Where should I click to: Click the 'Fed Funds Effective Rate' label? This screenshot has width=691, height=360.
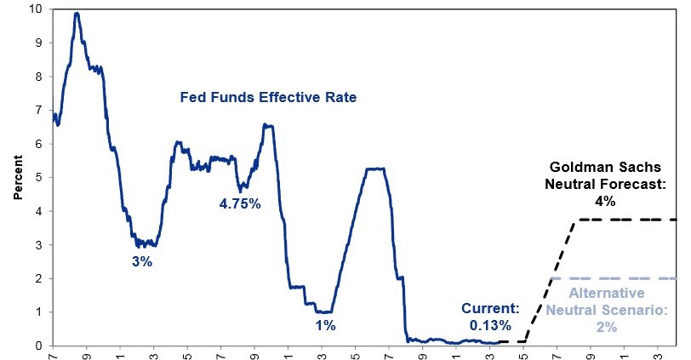pos(267,98)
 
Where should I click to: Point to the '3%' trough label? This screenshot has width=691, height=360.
pos(141,262)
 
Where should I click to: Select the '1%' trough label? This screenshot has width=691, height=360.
pos(325,325)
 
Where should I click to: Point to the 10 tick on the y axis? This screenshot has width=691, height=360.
pos(35,9)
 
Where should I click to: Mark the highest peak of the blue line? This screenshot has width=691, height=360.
pos(77,14)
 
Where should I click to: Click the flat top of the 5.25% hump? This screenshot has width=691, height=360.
pos(374,169)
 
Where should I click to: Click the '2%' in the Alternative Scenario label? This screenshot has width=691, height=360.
pos(606,326)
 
